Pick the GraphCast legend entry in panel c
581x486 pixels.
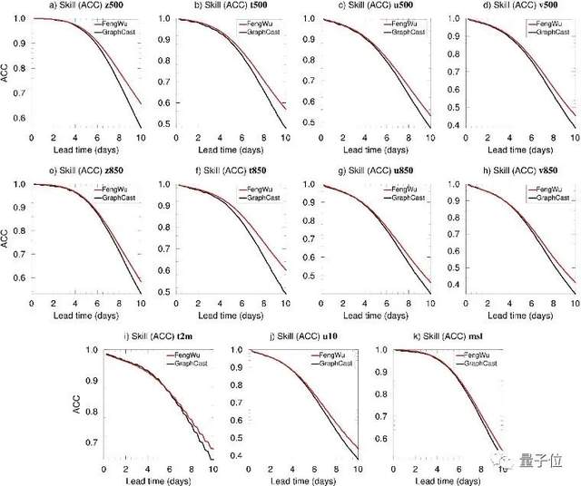click(400, 32)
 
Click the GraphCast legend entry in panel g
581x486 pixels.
click(400, 198)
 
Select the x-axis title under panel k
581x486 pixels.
click(447, 481)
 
